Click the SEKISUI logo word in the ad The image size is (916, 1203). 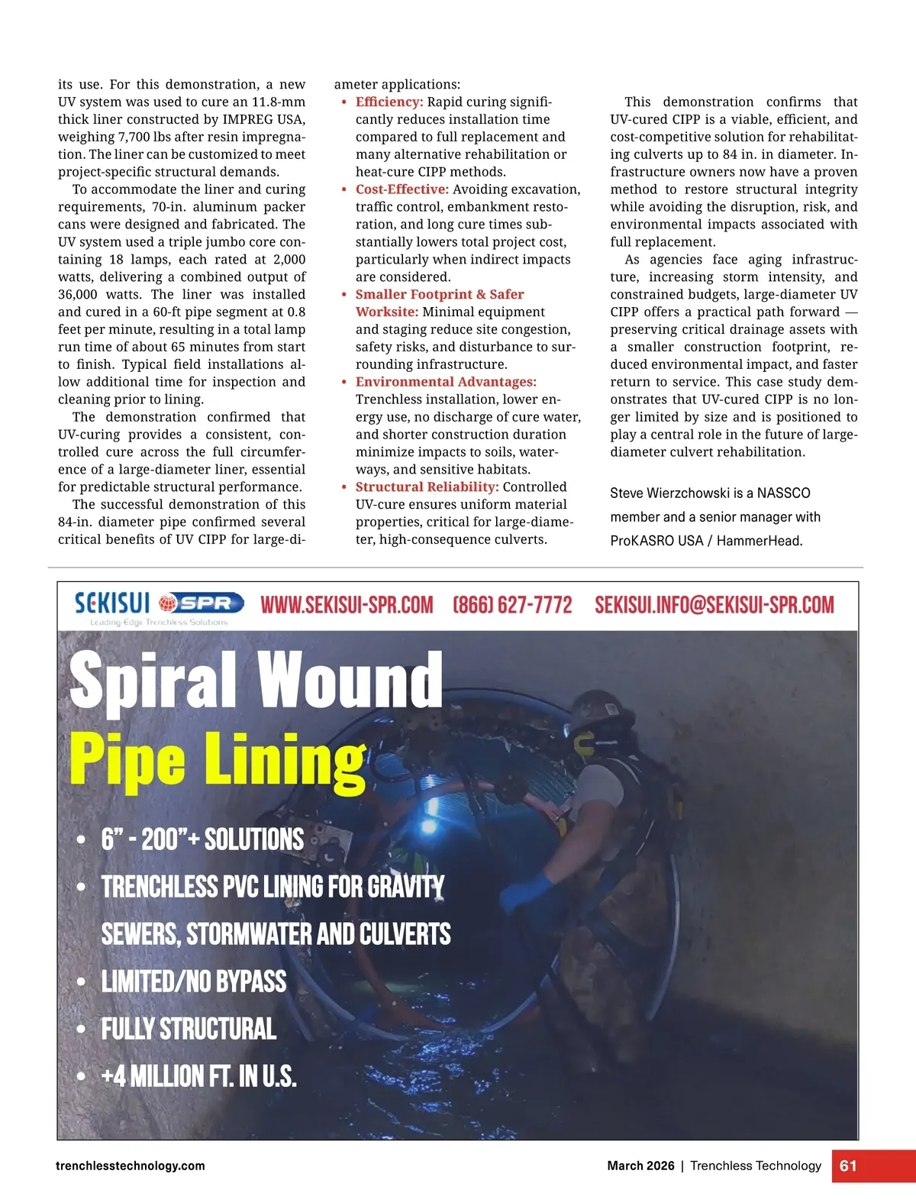coord(112,603)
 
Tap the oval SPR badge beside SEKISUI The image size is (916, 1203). coord(202,603)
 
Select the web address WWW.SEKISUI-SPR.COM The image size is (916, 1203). coord(347,605)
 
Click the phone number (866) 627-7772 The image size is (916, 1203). coord(512,605)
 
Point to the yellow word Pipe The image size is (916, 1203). coord(127,758)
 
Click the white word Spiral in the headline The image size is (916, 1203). coord(153,680)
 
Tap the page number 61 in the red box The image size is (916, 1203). coord(848,1166)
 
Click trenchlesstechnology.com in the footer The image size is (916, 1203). coord(131,1166)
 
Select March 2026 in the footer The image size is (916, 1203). coord(640,1166)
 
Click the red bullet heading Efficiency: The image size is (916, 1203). coord(389,102)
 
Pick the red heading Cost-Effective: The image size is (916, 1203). coord(402,189)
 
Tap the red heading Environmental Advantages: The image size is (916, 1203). coord(446,382)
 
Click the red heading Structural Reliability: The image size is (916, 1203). coord(427,487)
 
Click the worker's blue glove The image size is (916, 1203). coord(527,892)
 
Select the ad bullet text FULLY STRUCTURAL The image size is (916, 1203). coord(189,1029)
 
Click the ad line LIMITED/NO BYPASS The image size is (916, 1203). coord(194,981)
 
